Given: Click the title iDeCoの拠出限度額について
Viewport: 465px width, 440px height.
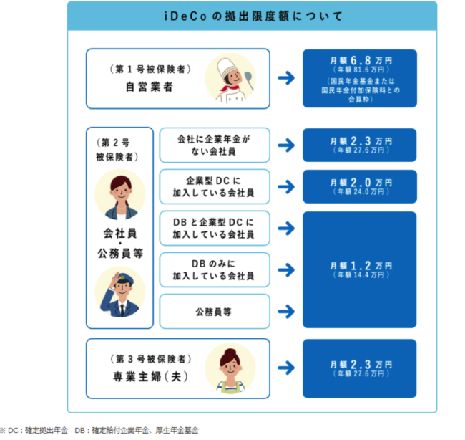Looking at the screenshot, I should coord(251,15).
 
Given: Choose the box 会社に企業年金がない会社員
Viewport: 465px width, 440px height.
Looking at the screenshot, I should coord(215,145).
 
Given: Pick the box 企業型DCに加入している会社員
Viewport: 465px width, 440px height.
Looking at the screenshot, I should coord(215,186).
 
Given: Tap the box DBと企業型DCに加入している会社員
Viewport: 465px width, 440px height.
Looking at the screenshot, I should coord(215,228).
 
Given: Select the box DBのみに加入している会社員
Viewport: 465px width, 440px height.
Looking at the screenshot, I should coord(215,269).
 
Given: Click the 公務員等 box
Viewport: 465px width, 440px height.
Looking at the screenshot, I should coord(215,311).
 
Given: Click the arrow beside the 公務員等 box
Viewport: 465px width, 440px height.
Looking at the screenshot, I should coord(286,311).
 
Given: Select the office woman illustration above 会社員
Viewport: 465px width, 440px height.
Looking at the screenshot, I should coord(119,194).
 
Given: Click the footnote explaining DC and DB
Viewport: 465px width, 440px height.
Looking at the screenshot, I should coord(100,430).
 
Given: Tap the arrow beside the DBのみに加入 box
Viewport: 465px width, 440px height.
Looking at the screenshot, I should coord(286,269).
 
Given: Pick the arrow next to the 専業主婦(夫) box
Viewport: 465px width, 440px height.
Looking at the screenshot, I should coord(286,367).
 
